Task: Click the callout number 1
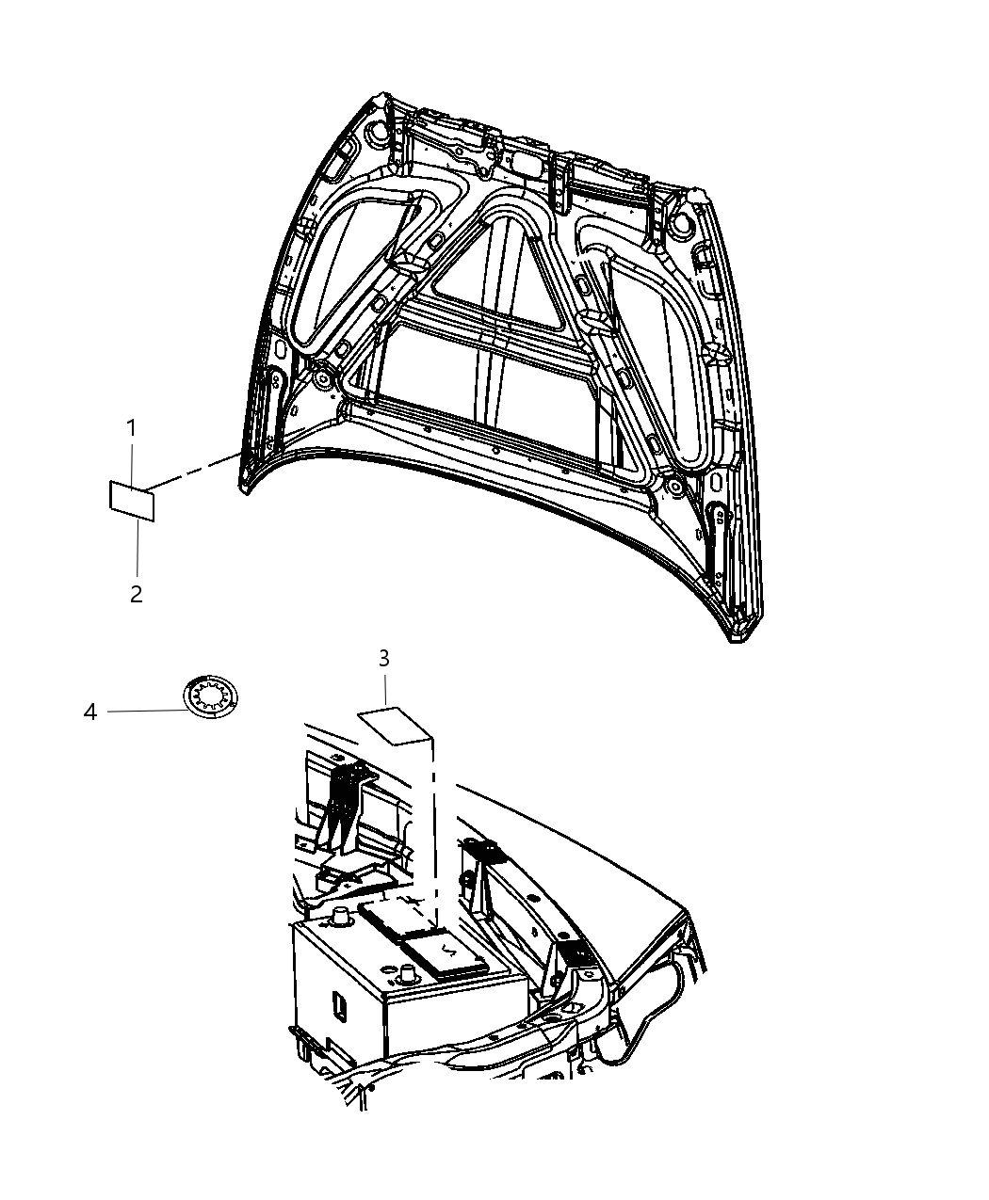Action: pos(132,429)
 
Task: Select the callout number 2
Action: pos(137,594)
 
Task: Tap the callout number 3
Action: pos(384,659)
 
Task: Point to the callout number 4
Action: pos(90,712)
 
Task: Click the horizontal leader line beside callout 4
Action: pos(146,712)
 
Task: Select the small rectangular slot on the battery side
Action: pos(335,1004)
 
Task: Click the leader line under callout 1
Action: pos(133,462)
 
